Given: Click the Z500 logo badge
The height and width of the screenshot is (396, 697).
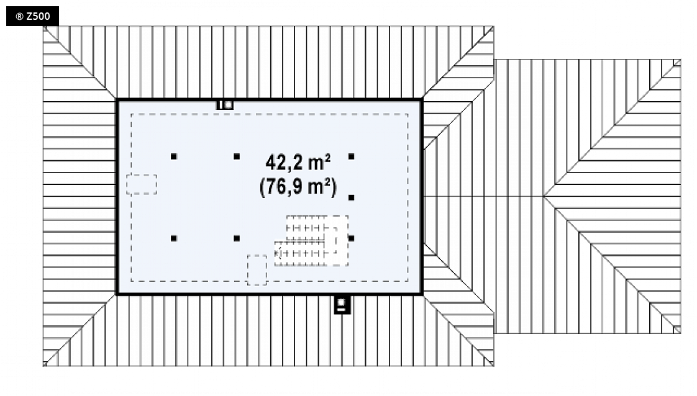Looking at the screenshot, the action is click(32, 16).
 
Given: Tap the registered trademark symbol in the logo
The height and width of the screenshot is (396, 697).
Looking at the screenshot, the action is click(19, 17).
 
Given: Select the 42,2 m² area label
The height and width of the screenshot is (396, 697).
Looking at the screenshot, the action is click(298, 163).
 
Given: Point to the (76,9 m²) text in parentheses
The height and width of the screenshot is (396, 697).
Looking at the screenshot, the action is click(298, 186).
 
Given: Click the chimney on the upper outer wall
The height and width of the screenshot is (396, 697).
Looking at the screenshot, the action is click(224, 106).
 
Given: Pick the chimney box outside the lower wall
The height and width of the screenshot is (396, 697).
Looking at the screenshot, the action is click(342, 305).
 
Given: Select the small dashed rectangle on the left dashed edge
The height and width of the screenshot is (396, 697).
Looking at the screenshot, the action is click(142, 184).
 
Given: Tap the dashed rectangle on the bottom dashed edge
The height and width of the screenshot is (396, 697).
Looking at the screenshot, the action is click(257, 270).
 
